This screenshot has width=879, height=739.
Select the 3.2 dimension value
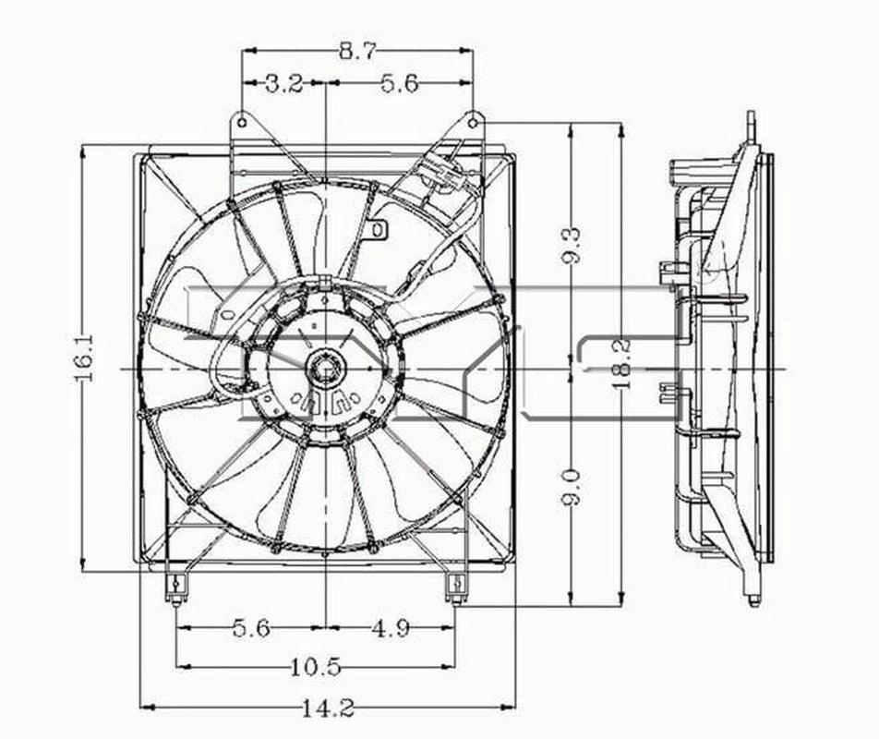coord(284,84)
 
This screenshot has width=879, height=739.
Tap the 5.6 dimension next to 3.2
coord(399,84)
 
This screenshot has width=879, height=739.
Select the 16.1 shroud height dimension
coord(84,357)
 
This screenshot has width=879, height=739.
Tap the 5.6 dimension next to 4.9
coord(250,629)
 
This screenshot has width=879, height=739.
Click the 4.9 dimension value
coord(391,629)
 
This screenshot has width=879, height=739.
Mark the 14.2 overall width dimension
coord(328,709)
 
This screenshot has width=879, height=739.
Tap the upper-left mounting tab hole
coord(242,120)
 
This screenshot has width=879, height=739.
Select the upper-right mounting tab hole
coord(473,120)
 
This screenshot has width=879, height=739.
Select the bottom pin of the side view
coord(753,600)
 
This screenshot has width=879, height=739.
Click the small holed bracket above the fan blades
coord(379,227)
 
